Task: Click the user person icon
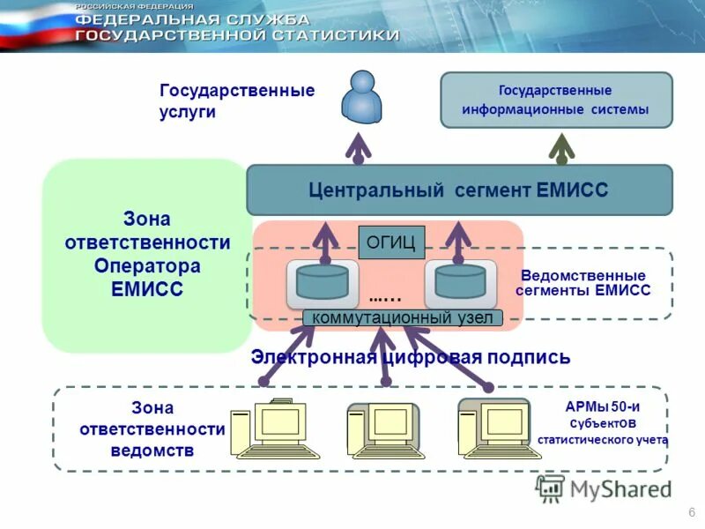click(362, 98)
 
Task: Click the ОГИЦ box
click(391, 242)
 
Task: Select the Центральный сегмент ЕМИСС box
click(458, 190)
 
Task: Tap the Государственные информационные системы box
click(555, 101)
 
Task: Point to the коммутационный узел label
click(404, 318)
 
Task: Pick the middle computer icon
click(382, 430)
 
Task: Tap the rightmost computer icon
click(494, 428)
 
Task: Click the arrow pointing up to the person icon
click(358, 147)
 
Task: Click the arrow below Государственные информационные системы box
click(562, 147)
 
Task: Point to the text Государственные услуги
click(236, 101)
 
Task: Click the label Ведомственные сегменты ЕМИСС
click(584, 282)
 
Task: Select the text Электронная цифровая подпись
click(411, 357)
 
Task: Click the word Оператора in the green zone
click(147, 265)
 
